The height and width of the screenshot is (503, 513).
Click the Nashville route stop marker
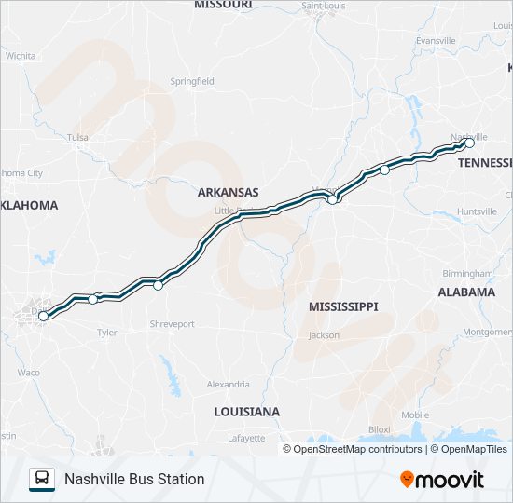point(469,143)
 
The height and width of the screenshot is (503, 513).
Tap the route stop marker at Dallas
point(43,316)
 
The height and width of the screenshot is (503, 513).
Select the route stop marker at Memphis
point(332,198)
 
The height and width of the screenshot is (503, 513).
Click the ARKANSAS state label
point(228,192)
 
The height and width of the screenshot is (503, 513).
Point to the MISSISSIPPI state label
point(343,306)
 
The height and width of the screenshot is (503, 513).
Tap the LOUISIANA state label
point(246,411)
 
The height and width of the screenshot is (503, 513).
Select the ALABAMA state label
point(466,292)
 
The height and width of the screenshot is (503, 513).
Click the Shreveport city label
point(172,324)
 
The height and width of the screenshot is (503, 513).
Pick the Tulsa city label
point(78,138)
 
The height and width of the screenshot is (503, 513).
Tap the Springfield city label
point(192,81)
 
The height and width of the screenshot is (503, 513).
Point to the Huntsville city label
point(477,211)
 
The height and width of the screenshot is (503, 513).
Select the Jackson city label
point(324,334)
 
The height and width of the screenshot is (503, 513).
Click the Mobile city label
point(415,415)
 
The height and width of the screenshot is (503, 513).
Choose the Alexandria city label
point(228,384)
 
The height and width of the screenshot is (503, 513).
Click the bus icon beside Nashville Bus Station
point(42,479)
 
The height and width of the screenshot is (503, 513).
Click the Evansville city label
point(436,41)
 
